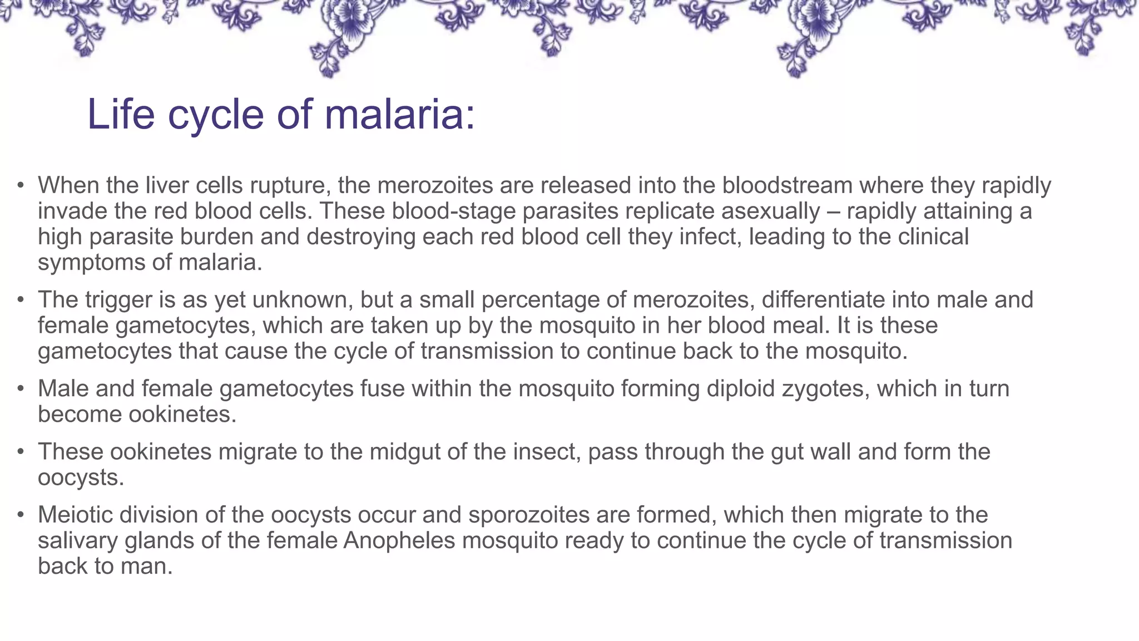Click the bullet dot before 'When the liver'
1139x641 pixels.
(21, 185)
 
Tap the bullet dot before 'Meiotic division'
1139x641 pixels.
(21, 515)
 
